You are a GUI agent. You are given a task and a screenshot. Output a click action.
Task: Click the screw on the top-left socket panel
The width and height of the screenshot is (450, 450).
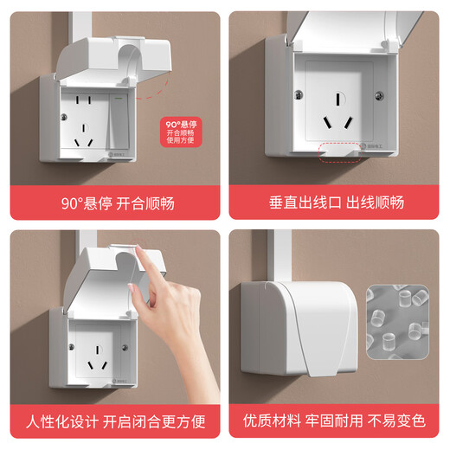click(65, 115)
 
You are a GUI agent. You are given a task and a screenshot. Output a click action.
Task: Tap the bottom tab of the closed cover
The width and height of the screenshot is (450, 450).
click(320, 369)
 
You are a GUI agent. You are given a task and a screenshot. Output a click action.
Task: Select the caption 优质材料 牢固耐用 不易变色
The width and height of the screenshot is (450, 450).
click(337, 421)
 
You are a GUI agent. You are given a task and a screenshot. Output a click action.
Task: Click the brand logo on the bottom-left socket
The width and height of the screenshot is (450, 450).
click(119, 377)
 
